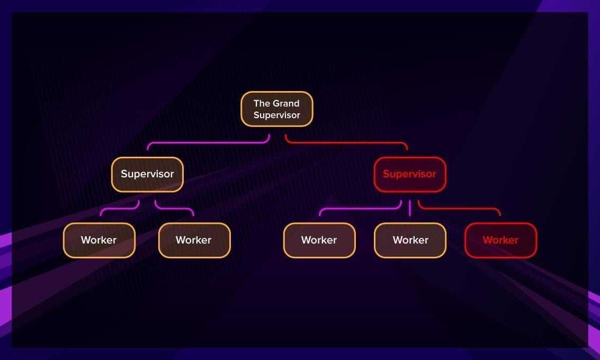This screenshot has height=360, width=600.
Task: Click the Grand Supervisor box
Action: point(276,109)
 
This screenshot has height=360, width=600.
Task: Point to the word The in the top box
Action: point(262,103)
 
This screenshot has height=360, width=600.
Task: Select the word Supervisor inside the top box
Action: point(276,115)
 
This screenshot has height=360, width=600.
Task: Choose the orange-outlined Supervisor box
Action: point(147,175)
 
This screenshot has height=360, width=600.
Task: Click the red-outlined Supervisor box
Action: point(410,175)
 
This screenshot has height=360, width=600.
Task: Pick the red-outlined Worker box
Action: point(500,240)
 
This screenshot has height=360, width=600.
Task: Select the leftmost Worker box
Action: point(99,240)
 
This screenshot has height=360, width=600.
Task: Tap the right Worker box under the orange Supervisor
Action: point(194,240)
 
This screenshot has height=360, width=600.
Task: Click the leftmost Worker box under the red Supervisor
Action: point(319,240)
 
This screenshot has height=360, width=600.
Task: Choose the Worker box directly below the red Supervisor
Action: point(410,240)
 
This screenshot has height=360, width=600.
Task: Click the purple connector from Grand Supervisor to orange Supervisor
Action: point(209,143)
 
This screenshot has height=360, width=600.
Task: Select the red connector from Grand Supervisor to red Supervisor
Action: point(346,143)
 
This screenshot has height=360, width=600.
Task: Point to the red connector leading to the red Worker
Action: point(459,209)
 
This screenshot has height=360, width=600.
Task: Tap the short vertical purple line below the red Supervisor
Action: point(410,208)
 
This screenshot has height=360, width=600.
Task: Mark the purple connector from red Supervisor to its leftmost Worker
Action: point(361,209)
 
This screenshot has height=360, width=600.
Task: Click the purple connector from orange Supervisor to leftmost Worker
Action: point(119,209)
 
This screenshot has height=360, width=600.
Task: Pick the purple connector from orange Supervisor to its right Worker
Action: point(174,209)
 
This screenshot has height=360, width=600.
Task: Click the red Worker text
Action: point(500,240)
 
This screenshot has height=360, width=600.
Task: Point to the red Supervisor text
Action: point(409,174)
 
